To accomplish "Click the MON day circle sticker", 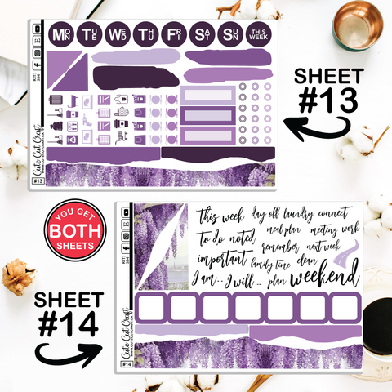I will pos(60,35).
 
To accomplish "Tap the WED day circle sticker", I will pos(117,35).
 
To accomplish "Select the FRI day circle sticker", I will pos(174,35).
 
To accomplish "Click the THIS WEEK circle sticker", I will pos(260,35).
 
